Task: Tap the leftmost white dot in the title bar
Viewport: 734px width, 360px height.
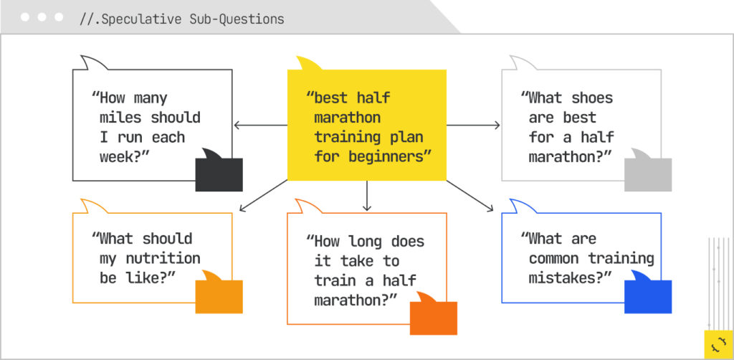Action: [25, 17]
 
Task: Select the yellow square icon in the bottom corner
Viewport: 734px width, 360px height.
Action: [718, 344]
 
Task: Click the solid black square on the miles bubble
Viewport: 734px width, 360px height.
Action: [219, 174]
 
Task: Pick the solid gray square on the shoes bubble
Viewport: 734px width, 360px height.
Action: [648, 174]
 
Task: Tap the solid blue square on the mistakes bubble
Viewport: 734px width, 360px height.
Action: [648, 297]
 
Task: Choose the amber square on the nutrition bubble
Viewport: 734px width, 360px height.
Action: [219, 297]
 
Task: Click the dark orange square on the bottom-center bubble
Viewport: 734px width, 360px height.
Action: [434, 318]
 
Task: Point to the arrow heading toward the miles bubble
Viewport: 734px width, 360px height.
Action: [260, 125]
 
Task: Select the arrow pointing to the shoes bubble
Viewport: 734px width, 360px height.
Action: [473, 125]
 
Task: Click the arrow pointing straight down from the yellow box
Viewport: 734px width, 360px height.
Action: [367, 196]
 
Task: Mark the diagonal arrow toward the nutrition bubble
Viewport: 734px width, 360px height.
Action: [263, 196]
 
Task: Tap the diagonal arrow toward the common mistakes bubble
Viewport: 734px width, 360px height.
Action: [470, 196]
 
